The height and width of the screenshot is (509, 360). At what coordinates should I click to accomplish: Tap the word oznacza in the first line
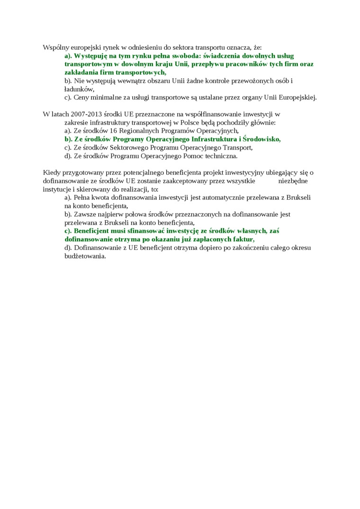click(239, 47)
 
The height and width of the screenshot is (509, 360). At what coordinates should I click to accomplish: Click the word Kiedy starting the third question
click(52, 172)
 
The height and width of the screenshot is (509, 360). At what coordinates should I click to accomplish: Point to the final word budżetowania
click(85, 256)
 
